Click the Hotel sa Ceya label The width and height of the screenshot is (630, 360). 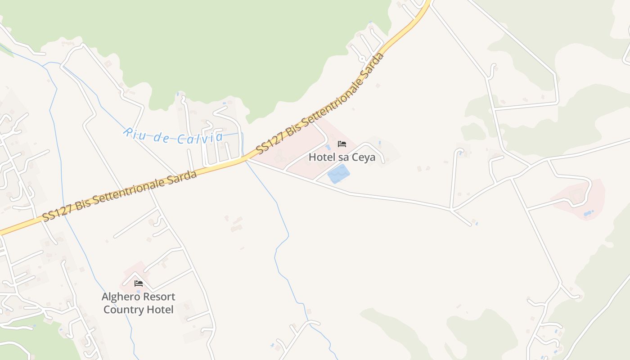click(x=342, y=157)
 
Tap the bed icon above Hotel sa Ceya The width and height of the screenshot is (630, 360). click(x=342, y=144)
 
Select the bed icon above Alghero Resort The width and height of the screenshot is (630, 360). click(x=139, y=283)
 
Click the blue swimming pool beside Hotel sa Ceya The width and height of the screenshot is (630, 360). click(x=338, y=174)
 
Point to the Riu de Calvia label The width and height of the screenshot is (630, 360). click(x=173, y=136)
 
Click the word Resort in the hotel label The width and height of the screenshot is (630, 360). click(x=158, y=297)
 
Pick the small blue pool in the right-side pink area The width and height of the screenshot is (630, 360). click(x=588, y=212)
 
